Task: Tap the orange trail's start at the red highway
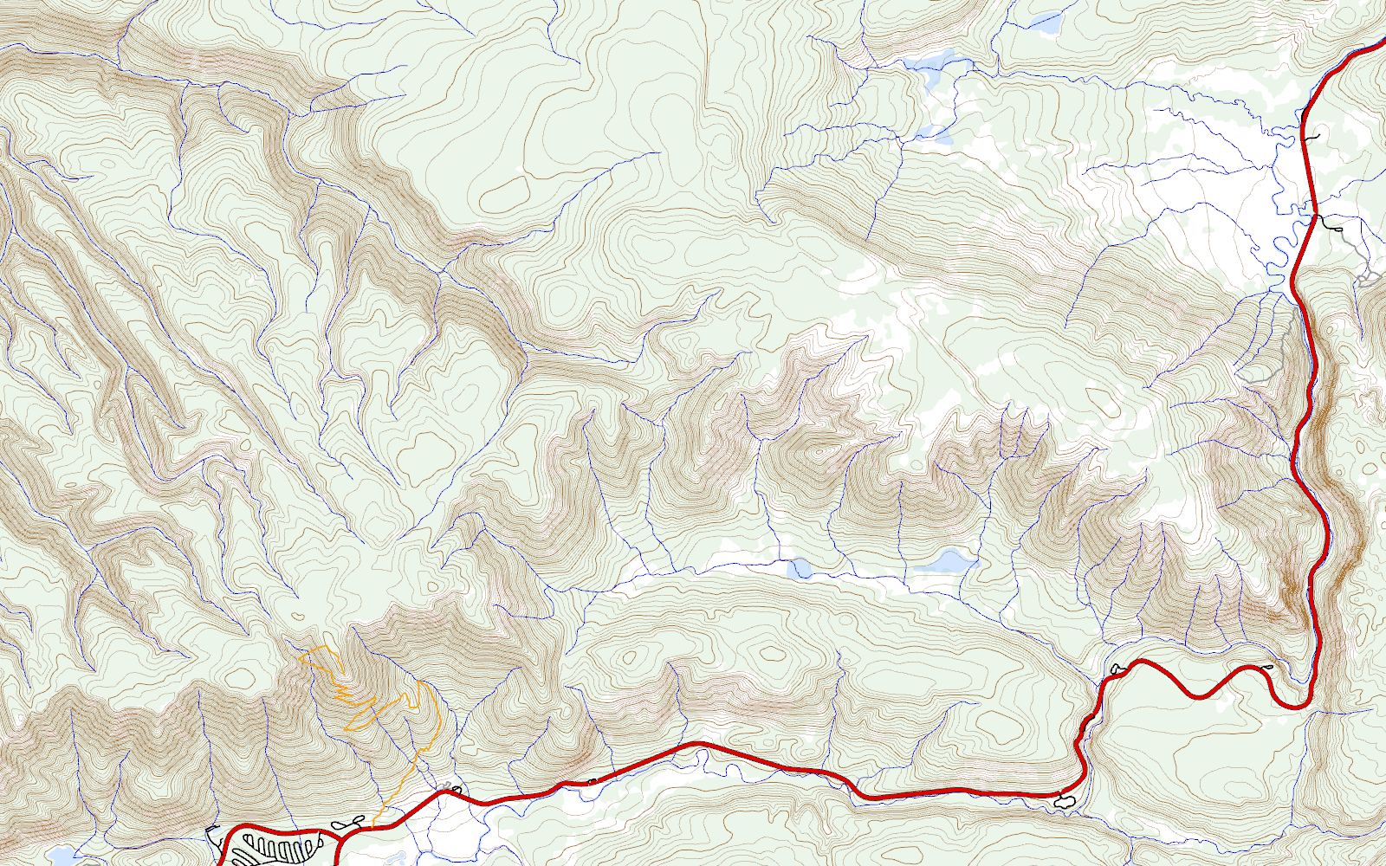pos(372,828)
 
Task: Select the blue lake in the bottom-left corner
pos(61,857)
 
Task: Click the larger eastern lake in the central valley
pos(944,563)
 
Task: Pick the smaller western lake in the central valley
pos(799,568)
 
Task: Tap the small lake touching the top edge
pos(1044,22)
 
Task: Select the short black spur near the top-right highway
pos(1312,137)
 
